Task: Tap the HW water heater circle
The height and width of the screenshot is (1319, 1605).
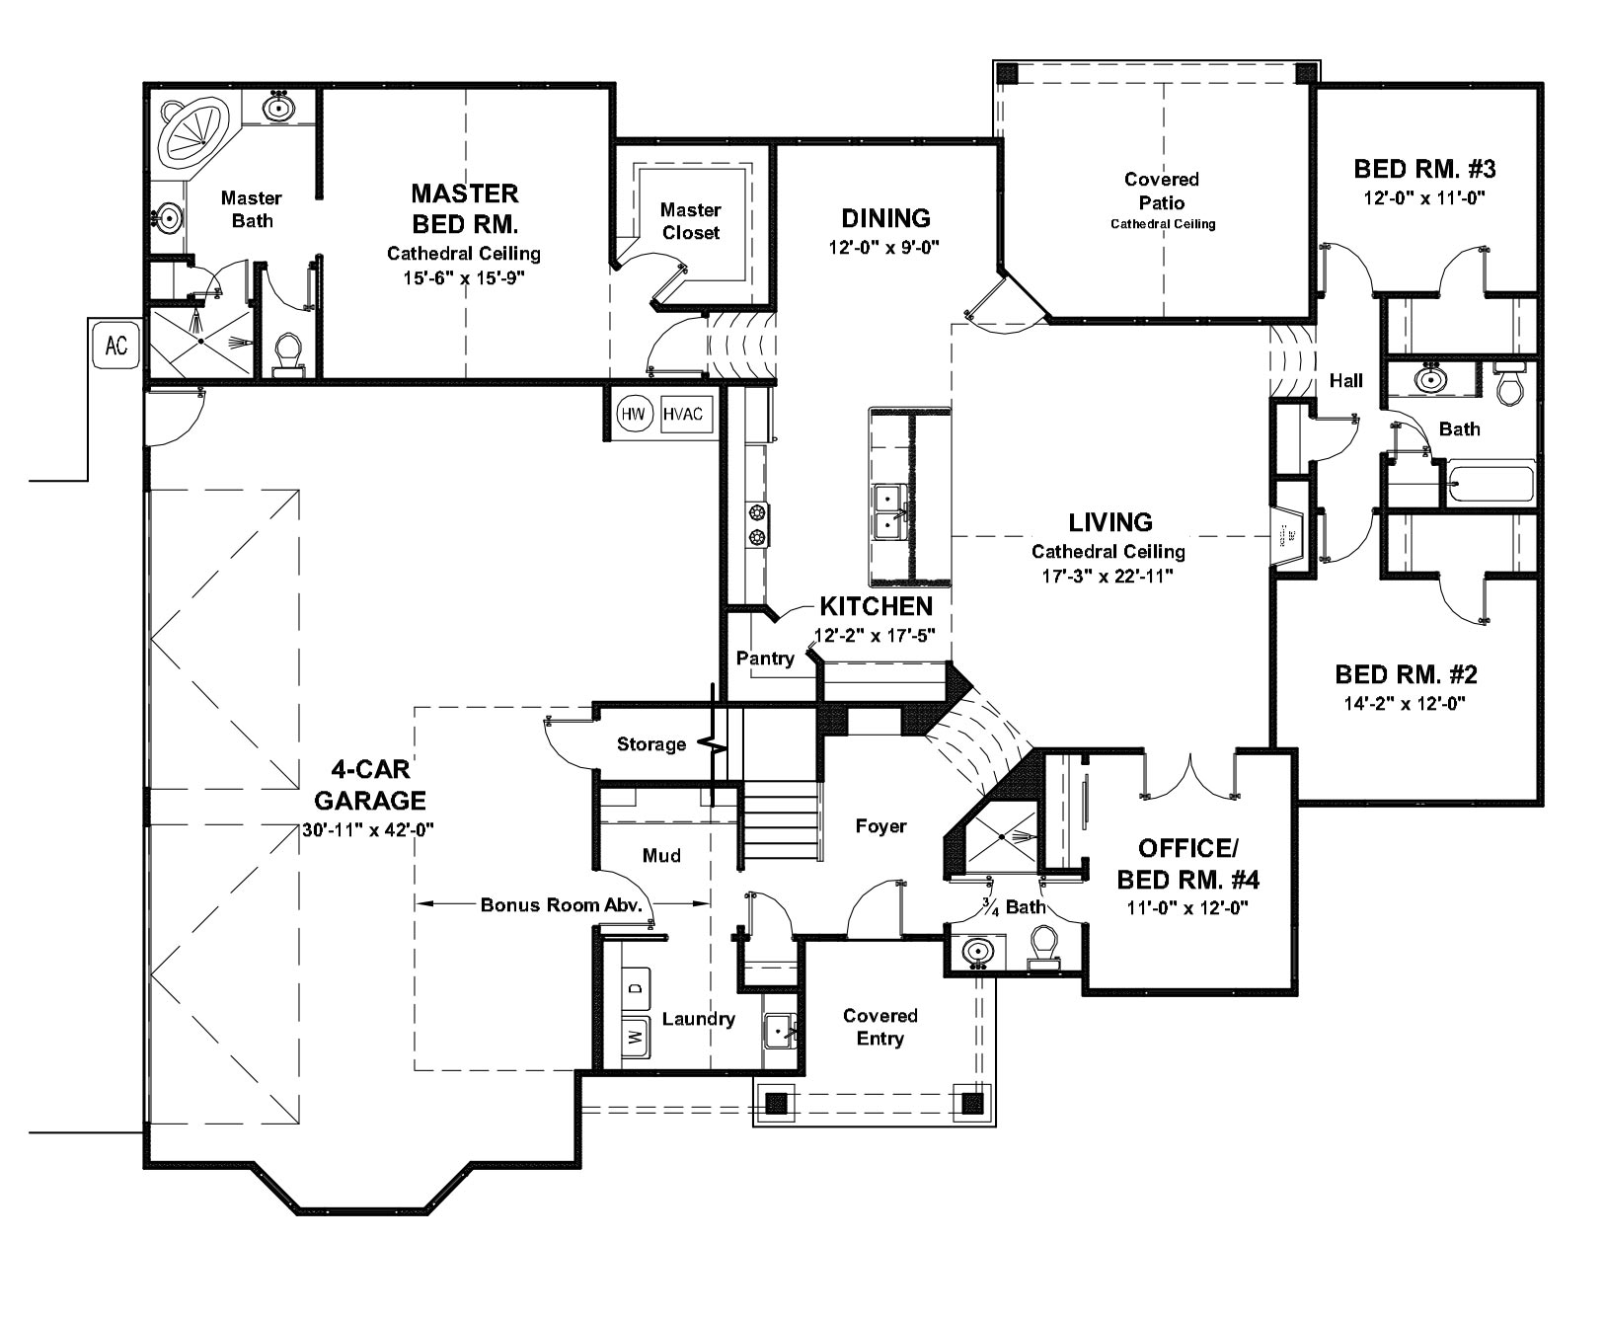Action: coord(633,415)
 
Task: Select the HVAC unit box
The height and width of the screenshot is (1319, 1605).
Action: coord(683,415)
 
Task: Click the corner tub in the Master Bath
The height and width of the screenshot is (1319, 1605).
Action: coord(195,130)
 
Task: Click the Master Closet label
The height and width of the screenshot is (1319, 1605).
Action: coord(690,221)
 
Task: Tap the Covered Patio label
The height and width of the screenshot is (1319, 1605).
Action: coord(1162,191)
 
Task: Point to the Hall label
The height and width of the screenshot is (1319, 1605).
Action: coord(1345,380)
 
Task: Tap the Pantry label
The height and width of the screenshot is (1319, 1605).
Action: coord(765,659)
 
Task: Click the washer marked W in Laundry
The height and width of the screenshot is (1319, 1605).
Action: coord(636,1037)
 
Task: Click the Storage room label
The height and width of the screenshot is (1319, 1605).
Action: coord(651,743)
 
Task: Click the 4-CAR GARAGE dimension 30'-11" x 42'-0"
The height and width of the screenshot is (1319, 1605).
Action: coord(369,830)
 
